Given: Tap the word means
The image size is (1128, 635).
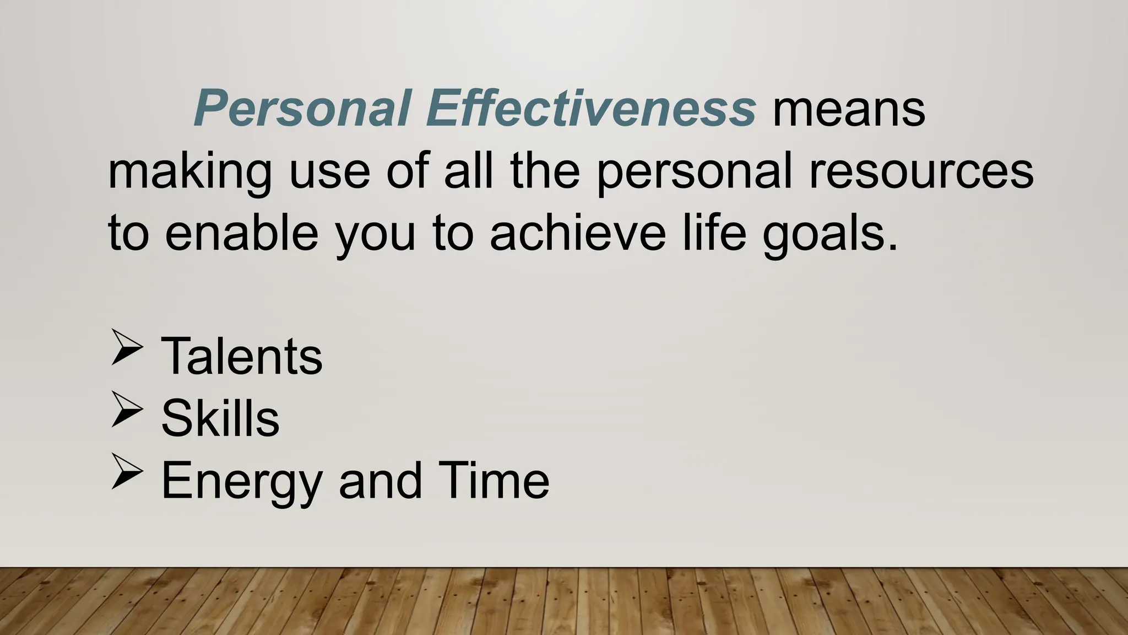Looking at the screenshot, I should pyautogui.click(x=849, y=109).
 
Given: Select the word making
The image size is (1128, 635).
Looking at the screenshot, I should pyautogui.click(x=189, y=172).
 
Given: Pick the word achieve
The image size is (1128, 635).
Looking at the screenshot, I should pyautogui.click(x=578, y=233).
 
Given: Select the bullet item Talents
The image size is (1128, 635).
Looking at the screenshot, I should pyautogui.click(x=241, y=357).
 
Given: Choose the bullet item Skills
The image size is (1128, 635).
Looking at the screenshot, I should pyautogui.click(x=220, y=418).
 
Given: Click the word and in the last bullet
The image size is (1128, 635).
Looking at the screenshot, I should pyautogui.click(x=380, y=480).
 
